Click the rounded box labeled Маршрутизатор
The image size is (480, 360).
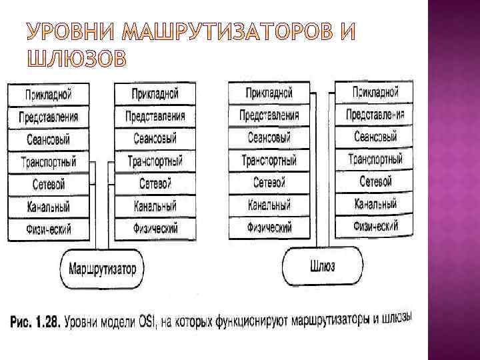click(x=102, y=270)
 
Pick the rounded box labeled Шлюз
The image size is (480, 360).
click(x=323, y=266)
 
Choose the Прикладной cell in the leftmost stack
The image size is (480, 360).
click(x=49, y=94)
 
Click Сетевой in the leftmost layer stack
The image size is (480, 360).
click(x=49, y=184)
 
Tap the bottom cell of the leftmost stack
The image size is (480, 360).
click(x=49, y=229)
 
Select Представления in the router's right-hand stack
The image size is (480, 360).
click(x=155, y=117)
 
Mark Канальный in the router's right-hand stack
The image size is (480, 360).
click(x=155, y=206)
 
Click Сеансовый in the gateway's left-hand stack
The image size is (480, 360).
click(x=269, y=138)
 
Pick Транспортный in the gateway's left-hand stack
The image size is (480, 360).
click(x=269, y=161)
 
